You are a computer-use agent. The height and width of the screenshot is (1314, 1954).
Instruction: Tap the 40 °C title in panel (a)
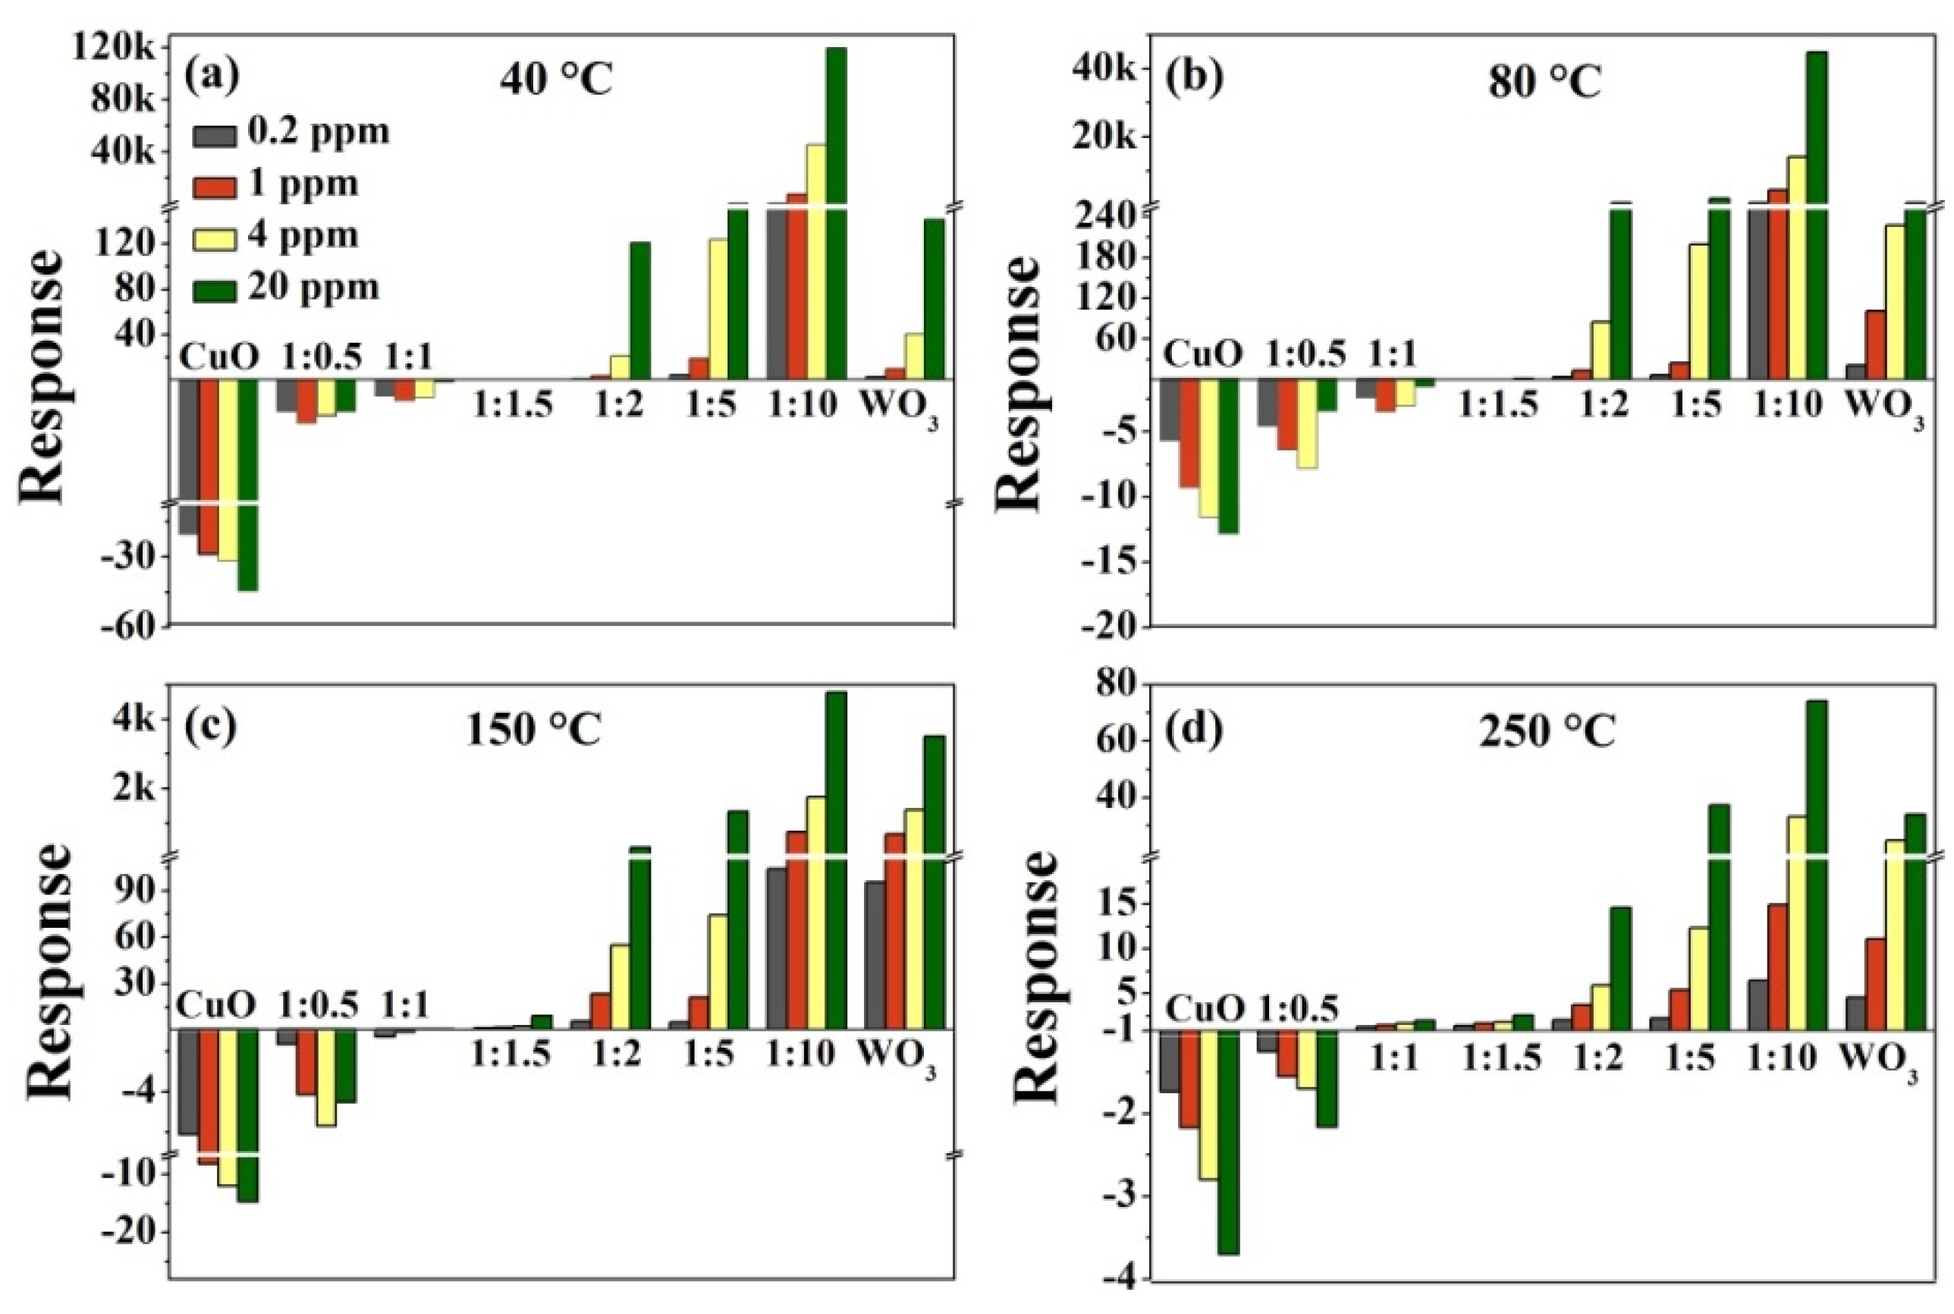(556, 81)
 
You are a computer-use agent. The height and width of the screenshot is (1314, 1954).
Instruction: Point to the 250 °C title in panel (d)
(1546, 732)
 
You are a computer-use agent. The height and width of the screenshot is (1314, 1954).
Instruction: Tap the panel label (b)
(1193, 75)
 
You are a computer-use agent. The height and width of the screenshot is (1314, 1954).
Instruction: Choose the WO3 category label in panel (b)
(1884, 407)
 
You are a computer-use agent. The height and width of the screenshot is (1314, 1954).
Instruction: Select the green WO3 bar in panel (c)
(934, 880)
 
